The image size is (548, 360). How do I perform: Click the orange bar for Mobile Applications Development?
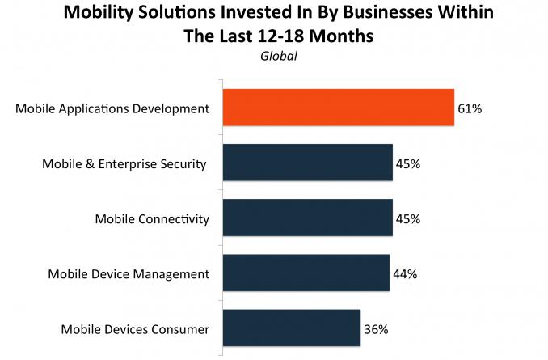[x=337, y=108]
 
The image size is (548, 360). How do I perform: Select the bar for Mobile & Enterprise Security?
[x=306, y=164]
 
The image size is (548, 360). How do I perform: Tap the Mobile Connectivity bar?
[x=306, y=219]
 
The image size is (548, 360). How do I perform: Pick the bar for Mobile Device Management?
[x=305, y=274]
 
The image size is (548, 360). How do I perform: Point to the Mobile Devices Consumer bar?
[x=290, y=329]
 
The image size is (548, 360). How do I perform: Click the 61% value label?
[x=469, y=108]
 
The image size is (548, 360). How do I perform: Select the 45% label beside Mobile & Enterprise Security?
[x=408, y=164]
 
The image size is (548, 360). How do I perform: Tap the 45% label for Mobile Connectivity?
[x=408, y=219]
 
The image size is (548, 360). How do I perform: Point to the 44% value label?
[x=405, y=274]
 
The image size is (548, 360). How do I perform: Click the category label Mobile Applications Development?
[x=112, y=108]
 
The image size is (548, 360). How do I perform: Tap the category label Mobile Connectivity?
[x=152, y=219]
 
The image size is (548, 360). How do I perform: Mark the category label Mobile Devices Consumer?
[x=135, y=329]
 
